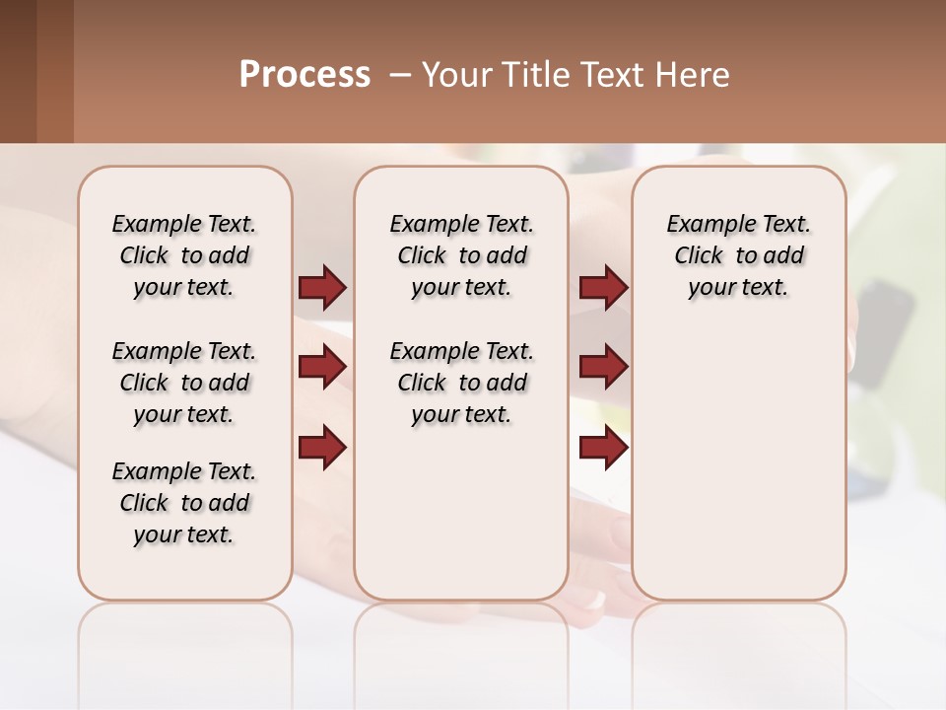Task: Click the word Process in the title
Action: [304, 75]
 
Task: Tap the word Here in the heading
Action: [689, 75]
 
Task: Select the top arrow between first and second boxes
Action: [322, 287]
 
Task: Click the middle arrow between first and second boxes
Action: [322, 367]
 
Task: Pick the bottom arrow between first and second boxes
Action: [322, 447]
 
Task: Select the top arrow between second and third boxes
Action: [603, 287]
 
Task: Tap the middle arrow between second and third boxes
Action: [603, 367]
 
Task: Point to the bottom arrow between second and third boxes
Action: [603, 447]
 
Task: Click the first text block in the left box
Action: [184, 255]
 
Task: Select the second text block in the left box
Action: [184, 383]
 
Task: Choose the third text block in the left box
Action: [184, 503]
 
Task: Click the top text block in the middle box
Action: [461, 255]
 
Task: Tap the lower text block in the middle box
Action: [461, 383]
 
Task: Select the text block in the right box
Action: [739, 255]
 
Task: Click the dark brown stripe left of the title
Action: [18, 71]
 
